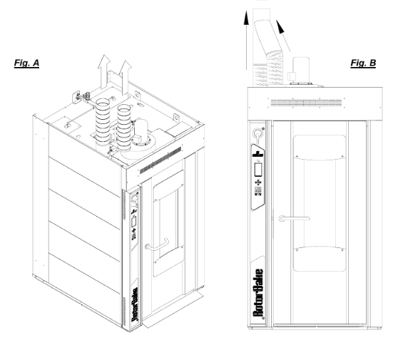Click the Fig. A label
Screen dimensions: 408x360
(x=26, y=63)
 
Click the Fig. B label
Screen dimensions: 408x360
(x=363, y=63)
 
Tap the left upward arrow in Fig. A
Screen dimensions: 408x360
(x=104, y=71)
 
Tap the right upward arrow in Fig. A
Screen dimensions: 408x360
(x=125, y=78)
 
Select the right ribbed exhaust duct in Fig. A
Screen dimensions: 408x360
(x=124, y=128)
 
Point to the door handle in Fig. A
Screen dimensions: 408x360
(x=157, y=245)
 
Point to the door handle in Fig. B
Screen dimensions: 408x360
(x=294, y=219)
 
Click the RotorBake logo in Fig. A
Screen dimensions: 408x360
(x=135, y=304)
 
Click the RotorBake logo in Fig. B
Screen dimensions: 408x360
(x=258, y=293)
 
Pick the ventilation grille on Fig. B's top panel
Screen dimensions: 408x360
(x=306, y=103)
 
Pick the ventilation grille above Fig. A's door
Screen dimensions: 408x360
(x=160, y=160)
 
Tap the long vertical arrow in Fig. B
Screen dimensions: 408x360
(x=246, y=41)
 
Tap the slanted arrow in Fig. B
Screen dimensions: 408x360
(x=283, y=36)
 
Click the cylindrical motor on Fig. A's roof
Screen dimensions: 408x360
(x=141, y=132)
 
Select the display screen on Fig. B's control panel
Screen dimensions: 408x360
(x=258, y=170)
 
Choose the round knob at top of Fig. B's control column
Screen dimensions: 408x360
(x=257, y=134)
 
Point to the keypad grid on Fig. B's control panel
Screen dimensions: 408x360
(x=258, y=191)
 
